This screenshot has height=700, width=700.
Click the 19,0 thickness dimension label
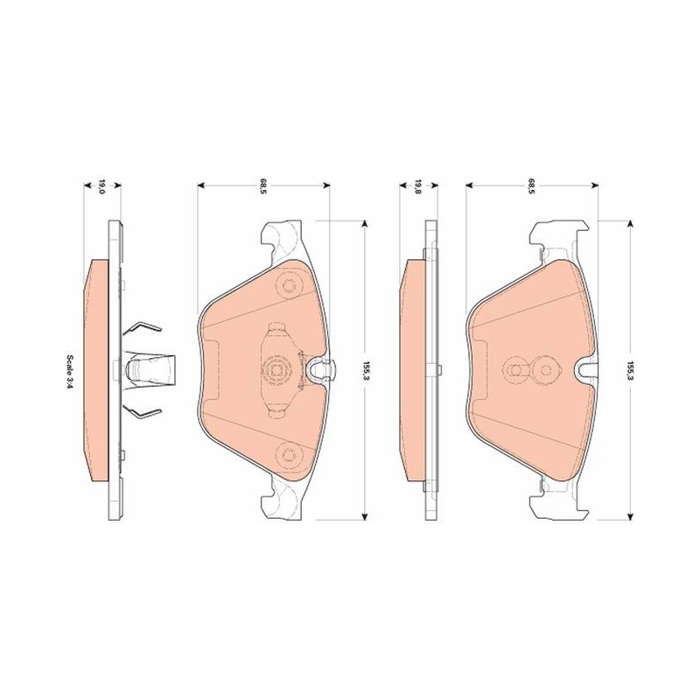101,186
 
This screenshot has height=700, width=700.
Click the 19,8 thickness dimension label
418,186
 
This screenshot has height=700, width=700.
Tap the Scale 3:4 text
70,370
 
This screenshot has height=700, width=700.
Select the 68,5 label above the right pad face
531,184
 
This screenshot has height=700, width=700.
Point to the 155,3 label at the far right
630,370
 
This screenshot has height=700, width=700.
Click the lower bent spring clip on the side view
141,414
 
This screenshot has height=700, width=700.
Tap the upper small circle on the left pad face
288,283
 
